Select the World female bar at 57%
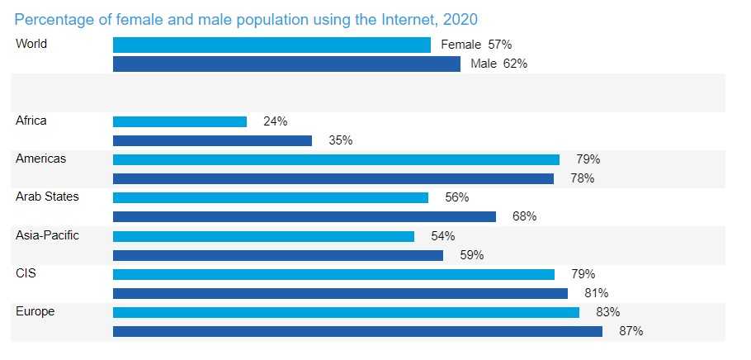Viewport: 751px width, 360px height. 272,45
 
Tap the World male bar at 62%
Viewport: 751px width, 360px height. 286,64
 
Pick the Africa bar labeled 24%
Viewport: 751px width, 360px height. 180,121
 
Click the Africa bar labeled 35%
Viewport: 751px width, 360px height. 212,140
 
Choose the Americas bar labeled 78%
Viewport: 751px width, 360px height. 333,178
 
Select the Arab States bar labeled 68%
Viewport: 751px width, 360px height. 304,216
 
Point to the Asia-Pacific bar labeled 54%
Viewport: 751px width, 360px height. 263,236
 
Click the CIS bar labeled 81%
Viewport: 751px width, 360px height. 340,293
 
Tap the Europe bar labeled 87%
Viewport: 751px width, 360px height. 357,331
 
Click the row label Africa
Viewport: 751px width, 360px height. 31,121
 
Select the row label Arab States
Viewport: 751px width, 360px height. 47,197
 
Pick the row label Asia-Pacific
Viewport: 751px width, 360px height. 48,235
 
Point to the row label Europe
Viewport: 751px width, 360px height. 34,311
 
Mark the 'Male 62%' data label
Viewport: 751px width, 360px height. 498,64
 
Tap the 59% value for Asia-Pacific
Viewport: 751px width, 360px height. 471,255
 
